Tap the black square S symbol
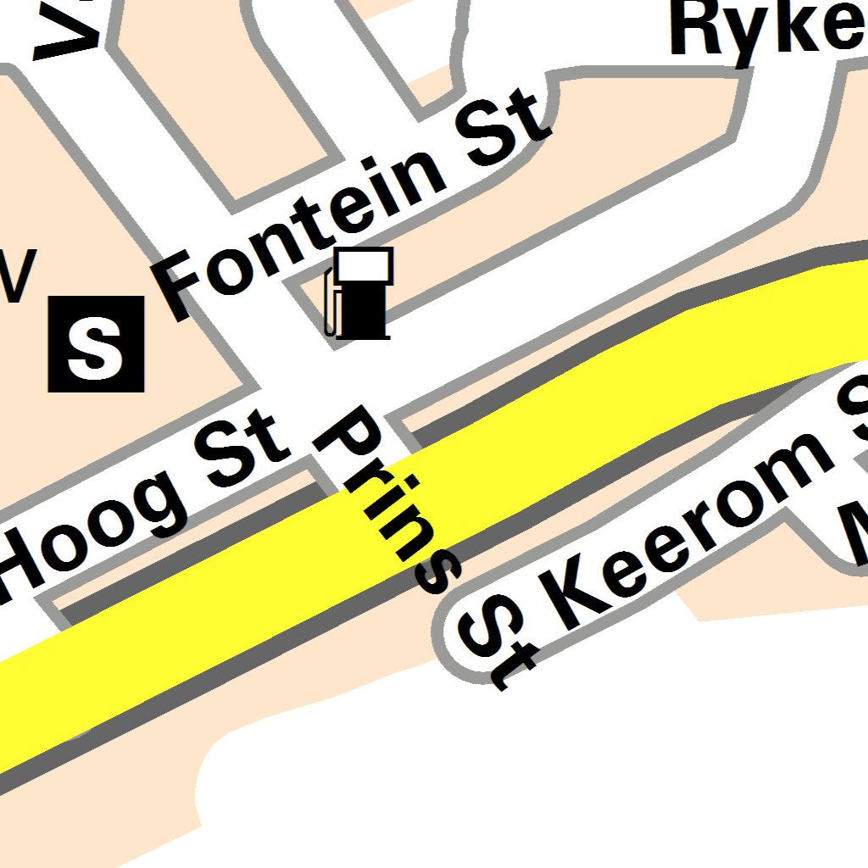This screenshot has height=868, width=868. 96,343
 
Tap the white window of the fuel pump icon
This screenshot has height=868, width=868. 364,265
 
